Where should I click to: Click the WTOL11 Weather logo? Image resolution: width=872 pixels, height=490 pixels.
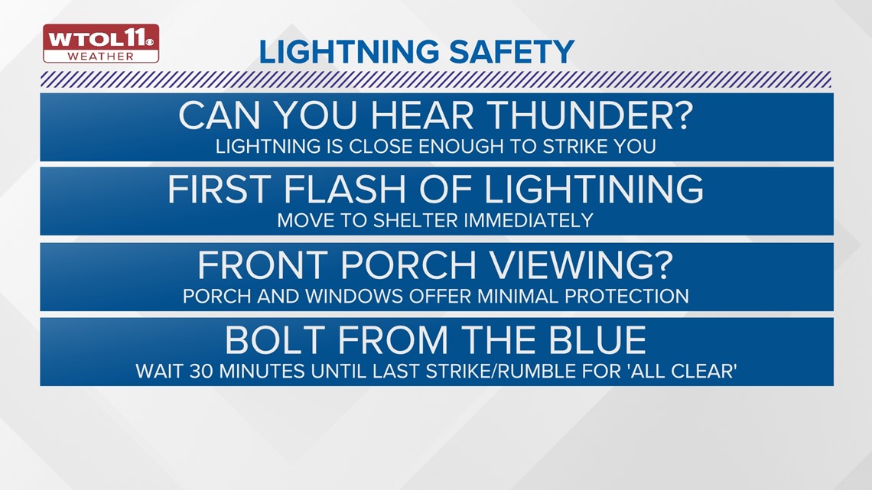click(x=101, y=44)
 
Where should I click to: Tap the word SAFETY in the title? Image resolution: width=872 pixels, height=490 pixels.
click(x=512, y=52)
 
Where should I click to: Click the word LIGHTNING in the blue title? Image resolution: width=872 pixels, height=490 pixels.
click(x=350, y=52)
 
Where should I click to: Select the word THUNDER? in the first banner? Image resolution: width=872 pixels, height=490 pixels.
click(x=591, y=115)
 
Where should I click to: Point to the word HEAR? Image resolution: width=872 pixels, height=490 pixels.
click(x=422, y=115)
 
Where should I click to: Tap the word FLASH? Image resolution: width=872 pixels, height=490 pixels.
click(x=345, y=190)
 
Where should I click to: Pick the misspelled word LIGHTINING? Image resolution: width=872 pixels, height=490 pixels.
click(x=594, y=190)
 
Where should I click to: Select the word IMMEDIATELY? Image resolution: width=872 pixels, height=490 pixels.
click(x=529, y=221)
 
